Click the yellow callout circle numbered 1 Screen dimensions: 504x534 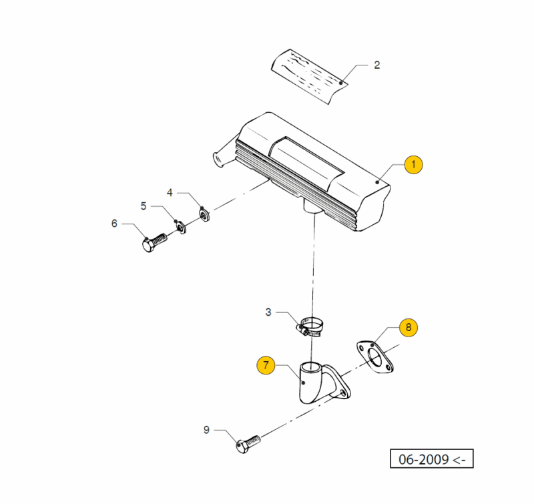[x=413, y=164]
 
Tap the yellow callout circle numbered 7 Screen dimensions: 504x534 [x=267, y=365]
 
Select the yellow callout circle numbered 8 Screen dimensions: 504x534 [x=409, y=327]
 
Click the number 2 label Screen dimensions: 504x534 [x=376, y=65]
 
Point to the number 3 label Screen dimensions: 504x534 [x=268, y=312]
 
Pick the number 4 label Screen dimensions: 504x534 [x=170, y=193]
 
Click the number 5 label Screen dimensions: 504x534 [x=143, y=205]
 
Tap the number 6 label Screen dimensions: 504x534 [x=114, y=224]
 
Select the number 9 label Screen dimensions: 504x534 [x=206, y=430]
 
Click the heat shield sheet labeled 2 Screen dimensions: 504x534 [x=310, y=74]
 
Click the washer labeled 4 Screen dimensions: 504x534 [x=204, y=216]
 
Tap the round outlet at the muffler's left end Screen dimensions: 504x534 [x=217, y=160]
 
